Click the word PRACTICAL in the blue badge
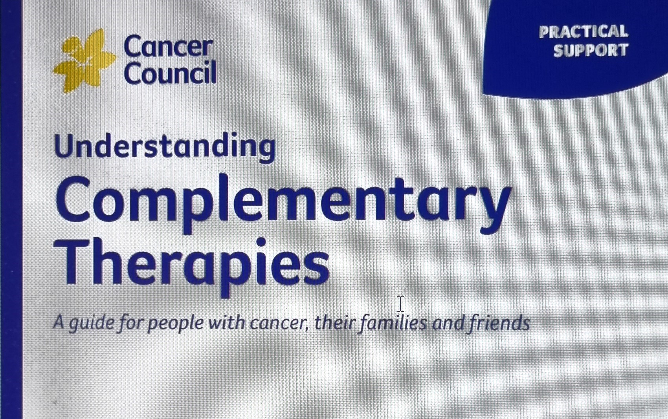pyautogui.click(x=583, y=32)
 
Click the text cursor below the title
pyautogui.click(x=401, y=304)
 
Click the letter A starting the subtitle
pyautogui.click(x=59, y=322)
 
